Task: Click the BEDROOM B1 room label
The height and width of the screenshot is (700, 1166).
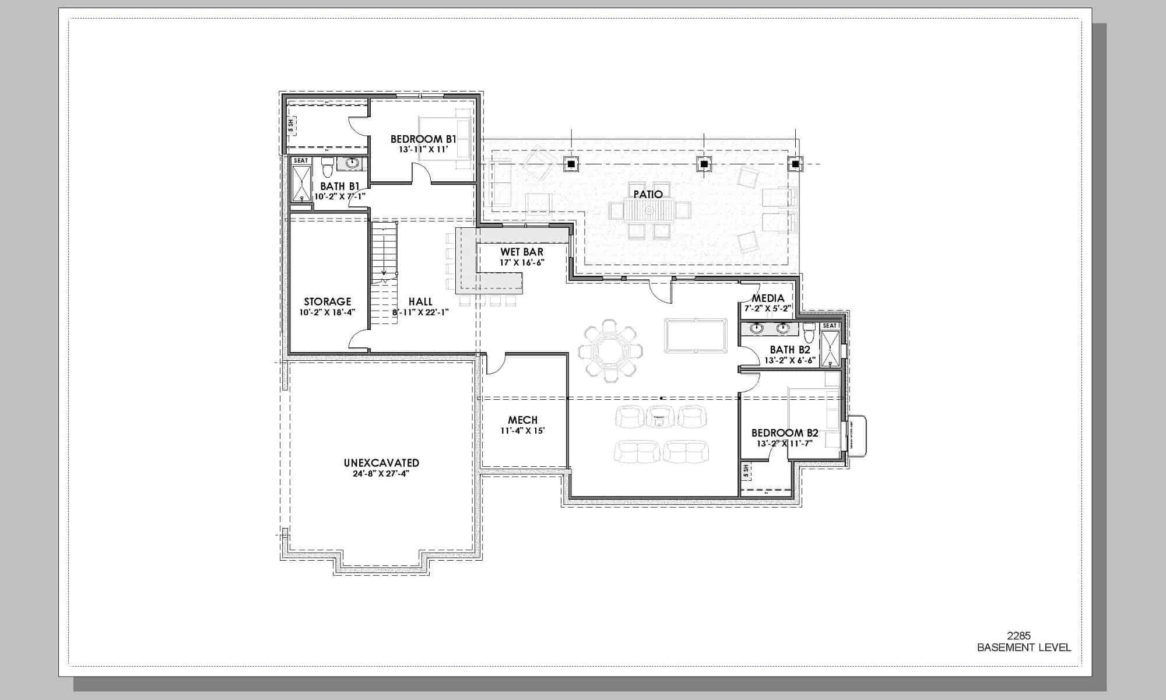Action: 423,139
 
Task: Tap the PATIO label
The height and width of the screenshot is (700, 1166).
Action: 648,194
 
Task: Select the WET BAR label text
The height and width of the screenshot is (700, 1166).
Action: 521,252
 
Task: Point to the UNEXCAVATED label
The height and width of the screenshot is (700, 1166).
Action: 381,463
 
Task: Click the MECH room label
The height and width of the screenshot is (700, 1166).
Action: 522,420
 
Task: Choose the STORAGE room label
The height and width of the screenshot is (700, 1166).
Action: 327,301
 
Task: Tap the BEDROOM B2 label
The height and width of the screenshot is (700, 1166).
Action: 784,433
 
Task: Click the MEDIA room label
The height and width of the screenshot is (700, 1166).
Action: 768,298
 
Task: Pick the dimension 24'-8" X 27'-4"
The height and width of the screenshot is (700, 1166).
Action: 381,474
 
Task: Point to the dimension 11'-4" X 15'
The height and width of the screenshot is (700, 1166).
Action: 522,431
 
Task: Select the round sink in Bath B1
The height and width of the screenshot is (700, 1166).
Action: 353,163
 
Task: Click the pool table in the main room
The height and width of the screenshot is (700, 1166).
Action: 696,335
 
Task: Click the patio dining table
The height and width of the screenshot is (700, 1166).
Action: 648,211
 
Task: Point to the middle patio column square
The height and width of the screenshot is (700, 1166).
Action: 704,164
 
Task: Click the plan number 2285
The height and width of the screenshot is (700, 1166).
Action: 1023,636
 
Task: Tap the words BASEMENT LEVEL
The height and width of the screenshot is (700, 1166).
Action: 1024,647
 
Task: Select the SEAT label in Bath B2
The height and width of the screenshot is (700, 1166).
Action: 829,326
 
